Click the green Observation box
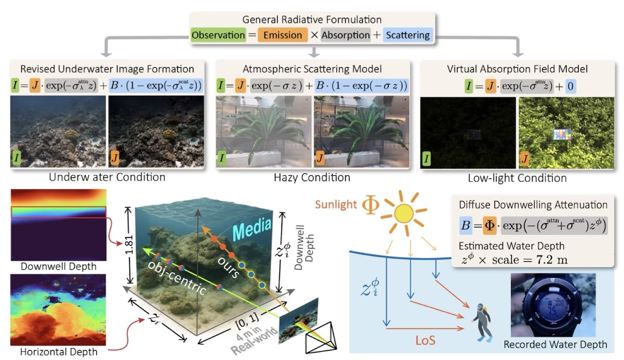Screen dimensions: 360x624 pos(218,35)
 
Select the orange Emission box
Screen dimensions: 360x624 pos(282,35)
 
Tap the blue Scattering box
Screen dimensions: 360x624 pos(407,35)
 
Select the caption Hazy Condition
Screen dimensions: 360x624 pos(312,177)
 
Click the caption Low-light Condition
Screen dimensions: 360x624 pos(518,178)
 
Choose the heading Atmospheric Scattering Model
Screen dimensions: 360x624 pos(312,68)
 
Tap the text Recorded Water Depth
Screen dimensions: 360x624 pos(555,344)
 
